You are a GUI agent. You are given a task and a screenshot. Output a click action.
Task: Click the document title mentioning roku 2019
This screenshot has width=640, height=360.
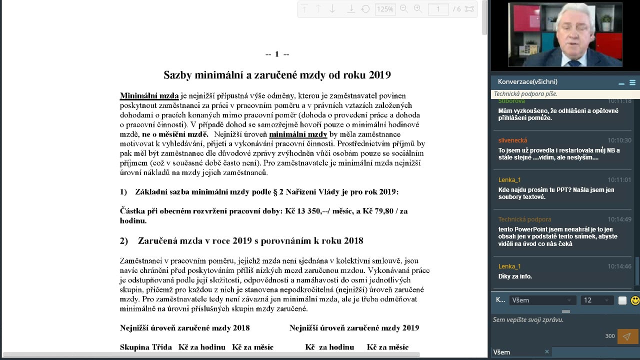(x=277, y=75)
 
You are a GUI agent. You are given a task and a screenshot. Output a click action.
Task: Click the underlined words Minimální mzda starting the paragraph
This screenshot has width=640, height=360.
(x=149, y=95)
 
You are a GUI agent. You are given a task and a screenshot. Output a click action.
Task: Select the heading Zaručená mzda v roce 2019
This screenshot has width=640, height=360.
(x=250, y=241)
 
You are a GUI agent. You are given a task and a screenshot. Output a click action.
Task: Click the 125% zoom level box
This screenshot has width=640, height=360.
(x=384, y=9)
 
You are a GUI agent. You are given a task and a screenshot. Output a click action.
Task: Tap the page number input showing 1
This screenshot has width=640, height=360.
(x=438, y=9)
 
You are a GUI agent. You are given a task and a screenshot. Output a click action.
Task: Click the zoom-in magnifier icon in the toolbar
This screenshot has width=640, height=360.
(x=418, y=9)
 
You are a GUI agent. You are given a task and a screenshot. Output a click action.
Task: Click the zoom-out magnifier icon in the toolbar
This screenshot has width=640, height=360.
(x=404, y=9)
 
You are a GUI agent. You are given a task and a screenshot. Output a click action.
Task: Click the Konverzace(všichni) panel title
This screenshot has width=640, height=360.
(x=527, y=81)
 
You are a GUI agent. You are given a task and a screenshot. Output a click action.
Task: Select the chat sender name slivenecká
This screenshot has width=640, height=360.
(x=512, y=140)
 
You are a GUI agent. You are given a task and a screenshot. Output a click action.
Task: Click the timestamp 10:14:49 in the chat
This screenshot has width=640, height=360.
(x=619, y=219)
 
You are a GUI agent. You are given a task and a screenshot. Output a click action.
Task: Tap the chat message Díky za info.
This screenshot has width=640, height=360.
(x=515, y=276)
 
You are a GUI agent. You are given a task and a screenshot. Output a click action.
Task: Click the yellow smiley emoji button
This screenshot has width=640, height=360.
(x=635, y=300)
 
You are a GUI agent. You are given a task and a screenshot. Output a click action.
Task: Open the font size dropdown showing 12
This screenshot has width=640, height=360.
(x=596, y=300)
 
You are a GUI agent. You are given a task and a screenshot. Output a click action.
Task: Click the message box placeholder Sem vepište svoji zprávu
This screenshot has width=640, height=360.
(x=528, y=320)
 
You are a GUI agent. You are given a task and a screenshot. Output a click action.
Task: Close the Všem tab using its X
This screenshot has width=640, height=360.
(x=546, y=352)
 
